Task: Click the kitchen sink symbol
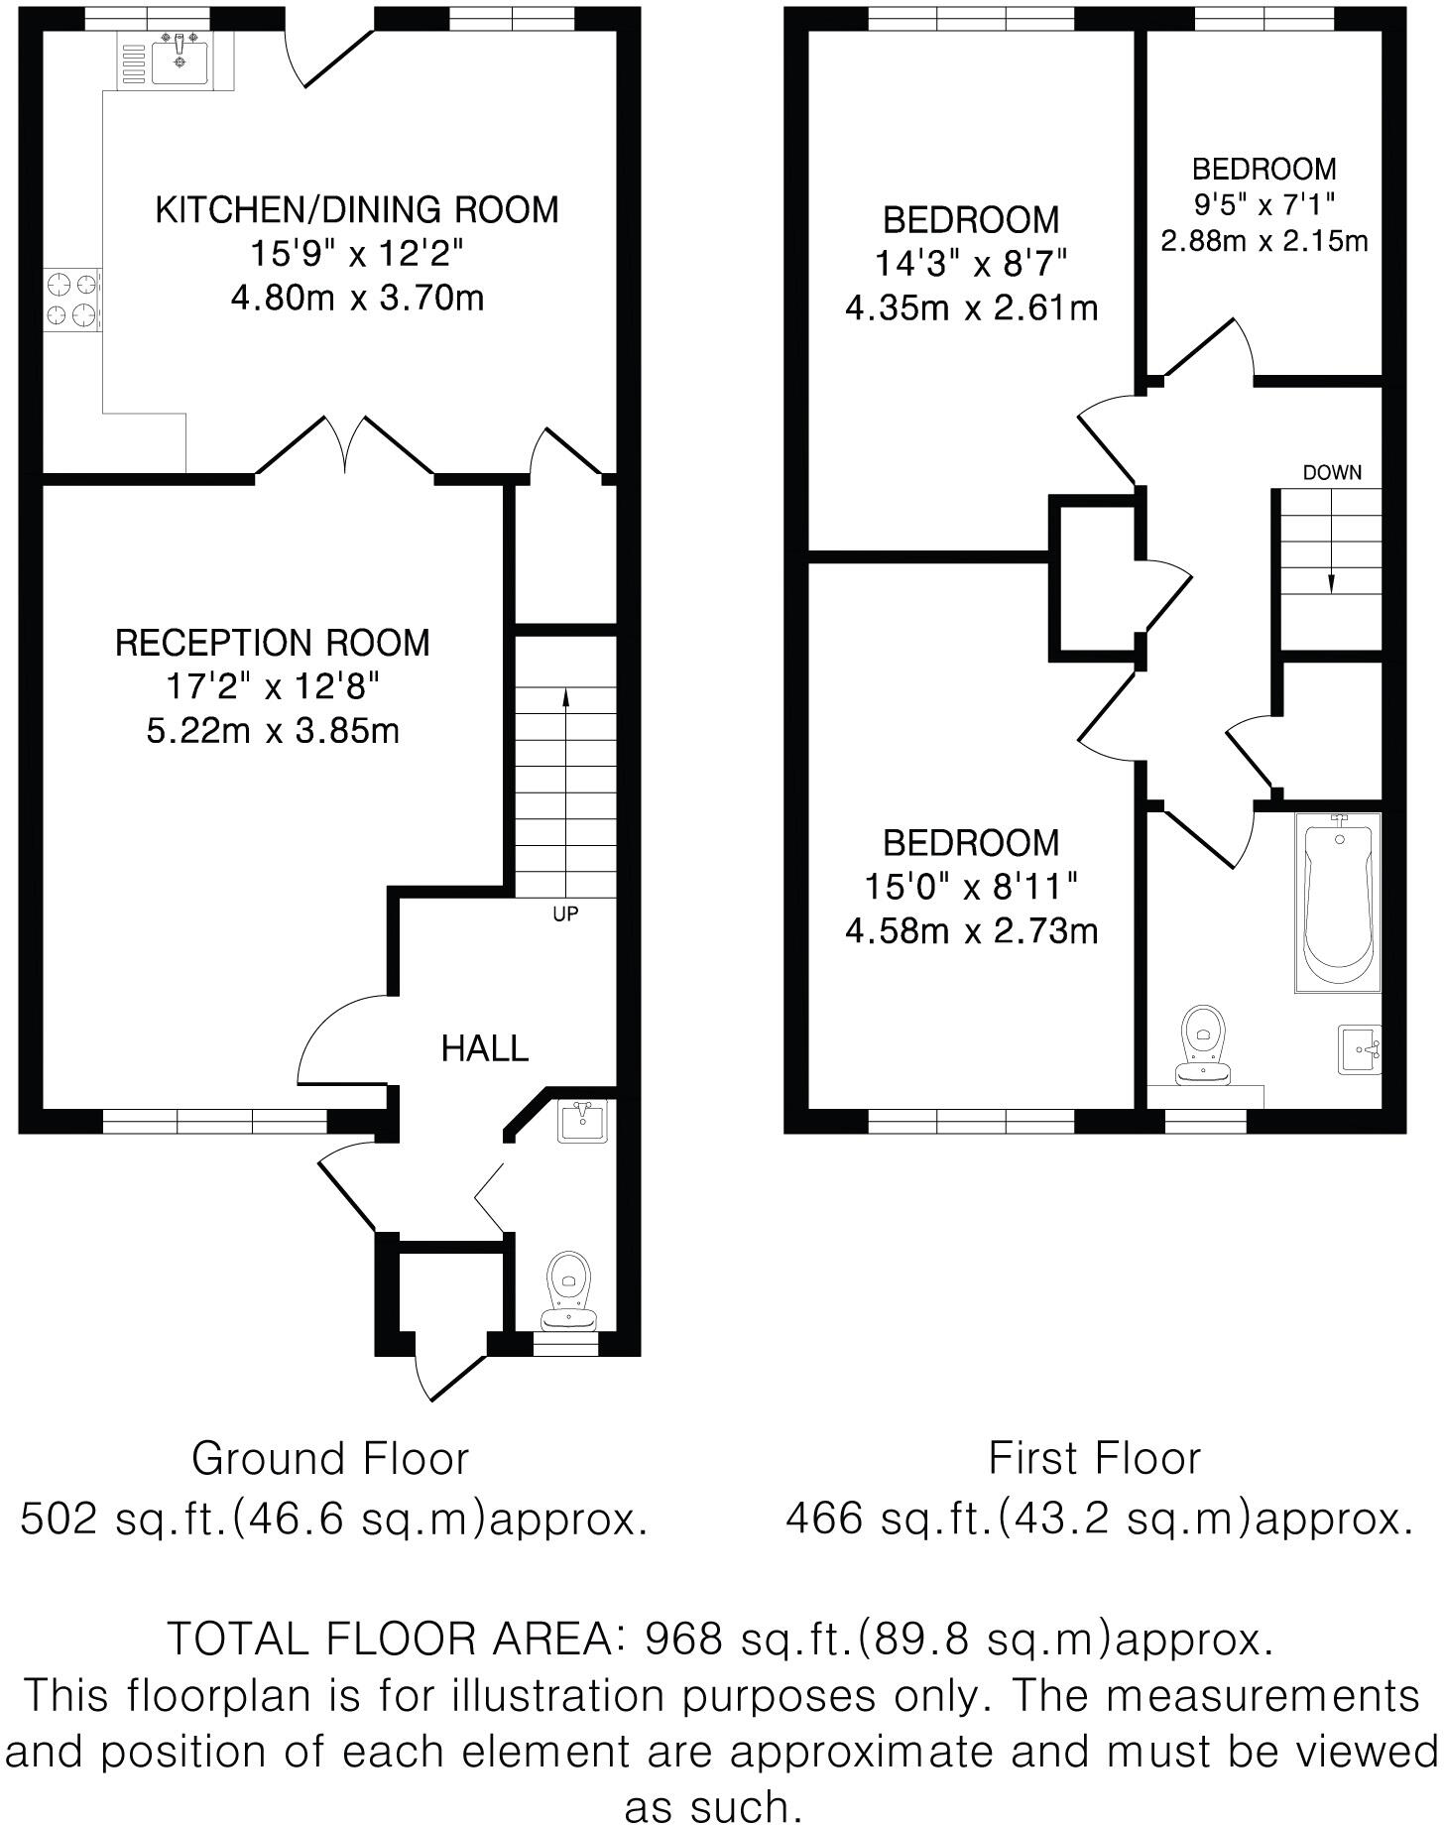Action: pyautogui.click(x=179, y=60)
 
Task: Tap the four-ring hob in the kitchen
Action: pyautogui.click(x=73, y=301)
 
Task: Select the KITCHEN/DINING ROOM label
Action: pyautogui.click(x=357, y=210)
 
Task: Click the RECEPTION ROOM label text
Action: pyautogui.click(x=273, y=643)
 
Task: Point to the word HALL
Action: pyautogui.click(x=484, y=1048)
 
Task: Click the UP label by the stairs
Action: pyautogui.click(x=565, y=914)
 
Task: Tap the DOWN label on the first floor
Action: pyautogui.click(x=1332, y=473)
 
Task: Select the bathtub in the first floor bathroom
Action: pyautogui.click(x=1338, y=903)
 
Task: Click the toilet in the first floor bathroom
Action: pyautogui.click(x=1203, y=1046)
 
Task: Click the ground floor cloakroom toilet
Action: pyautogui.click(x=569, y=1289)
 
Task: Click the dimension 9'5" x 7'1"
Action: pyautogui.click(x=1263, y=204)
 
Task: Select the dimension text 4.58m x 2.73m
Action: pyautogui.click(x=971, y=931)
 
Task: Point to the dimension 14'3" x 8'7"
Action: pyautogui.click(x=971, y=264)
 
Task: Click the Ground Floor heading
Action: pyautogui.click(x=329, y=1459)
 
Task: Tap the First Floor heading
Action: pyautogui.click(x=1094, y=1459)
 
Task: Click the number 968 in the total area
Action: pyautogui.click(x=684, y=1639)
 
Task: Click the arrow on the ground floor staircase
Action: pyautogui.click(x=566, y=699)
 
